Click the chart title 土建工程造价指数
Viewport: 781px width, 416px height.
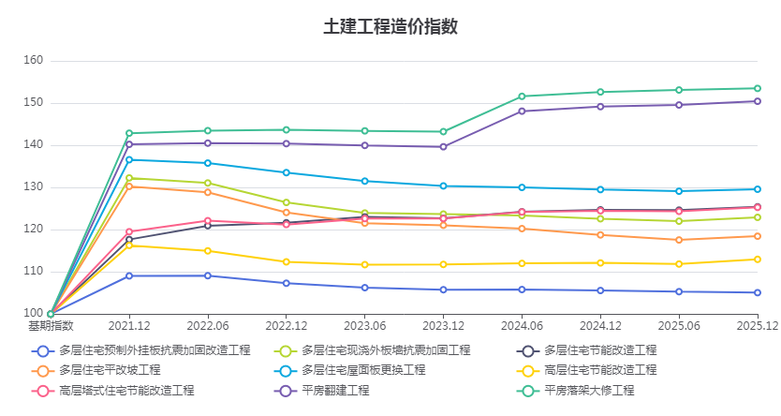point(390,26)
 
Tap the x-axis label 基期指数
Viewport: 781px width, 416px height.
point(51,326)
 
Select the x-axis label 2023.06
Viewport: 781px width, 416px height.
point(365,326)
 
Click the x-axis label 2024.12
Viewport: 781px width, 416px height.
point(600,326)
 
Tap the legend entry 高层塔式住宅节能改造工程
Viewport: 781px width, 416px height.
point(126,390)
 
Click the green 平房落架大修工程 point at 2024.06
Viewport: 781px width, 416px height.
point(522,97)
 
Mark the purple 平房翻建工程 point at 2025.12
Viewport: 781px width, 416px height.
point(757,101)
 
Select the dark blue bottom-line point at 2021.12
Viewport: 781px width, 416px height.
point(129,275)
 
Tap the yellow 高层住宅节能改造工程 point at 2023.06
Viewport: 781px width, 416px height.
point(365,264)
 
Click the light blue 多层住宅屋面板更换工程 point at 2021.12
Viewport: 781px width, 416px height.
point(129,159)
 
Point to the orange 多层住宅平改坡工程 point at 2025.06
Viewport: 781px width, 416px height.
point(679,240)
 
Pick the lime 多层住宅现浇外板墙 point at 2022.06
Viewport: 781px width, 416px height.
point(208,183)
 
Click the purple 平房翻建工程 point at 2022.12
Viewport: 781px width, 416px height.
point(287,143)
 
